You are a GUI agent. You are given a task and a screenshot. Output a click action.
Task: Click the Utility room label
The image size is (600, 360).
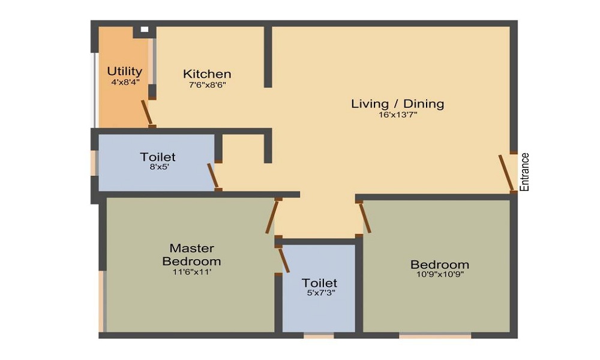[125, 71]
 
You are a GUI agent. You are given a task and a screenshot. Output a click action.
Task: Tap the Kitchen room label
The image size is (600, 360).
[207, 74]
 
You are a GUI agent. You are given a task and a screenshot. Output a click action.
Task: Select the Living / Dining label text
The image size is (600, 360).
[397, 104]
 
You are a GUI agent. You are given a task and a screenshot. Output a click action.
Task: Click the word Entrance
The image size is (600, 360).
[525, 172]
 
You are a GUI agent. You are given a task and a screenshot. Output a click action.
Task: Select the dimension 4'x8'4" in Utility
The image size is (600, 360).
[125, 82]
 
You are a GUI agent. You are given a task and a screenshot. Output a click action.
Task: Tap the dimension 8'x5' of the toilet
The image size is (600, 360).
[158, 167]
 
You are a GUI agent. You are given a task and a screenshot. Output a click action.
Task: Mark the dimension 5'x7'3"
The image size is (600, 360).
[319, 293]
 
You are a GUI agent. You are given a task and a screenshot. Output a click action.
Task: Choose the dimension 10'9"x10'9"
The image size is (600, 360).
[439, 274]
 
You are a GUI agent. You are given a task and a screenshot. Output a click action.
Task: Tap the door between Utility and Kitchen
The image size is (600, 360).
[146, 113]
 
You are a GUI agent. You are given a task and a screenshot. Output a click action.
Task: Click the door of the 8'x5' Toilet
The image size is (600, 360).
[213, 175]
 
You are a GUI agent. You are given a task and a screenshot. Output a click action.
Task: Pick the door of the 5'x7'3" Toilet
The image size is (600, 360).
[284, 260]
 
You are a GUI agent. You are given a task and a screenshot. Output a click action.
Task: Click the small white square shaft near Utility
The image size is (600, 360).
[144, 29]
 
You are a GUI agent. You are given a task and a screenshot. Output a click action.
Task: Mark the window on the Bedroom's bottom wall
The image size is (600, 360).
[435, 336]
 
